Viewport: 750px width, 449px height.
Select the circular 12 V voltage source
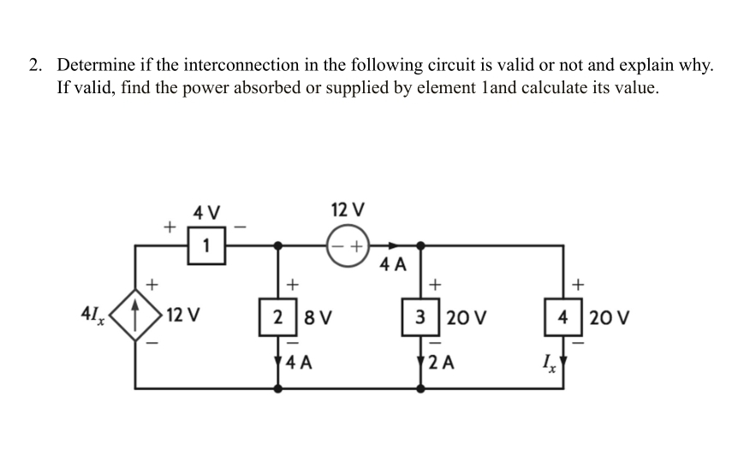(x=347, y=245)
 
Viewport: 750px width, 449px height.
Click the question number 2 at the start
(x=34, y=65)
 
